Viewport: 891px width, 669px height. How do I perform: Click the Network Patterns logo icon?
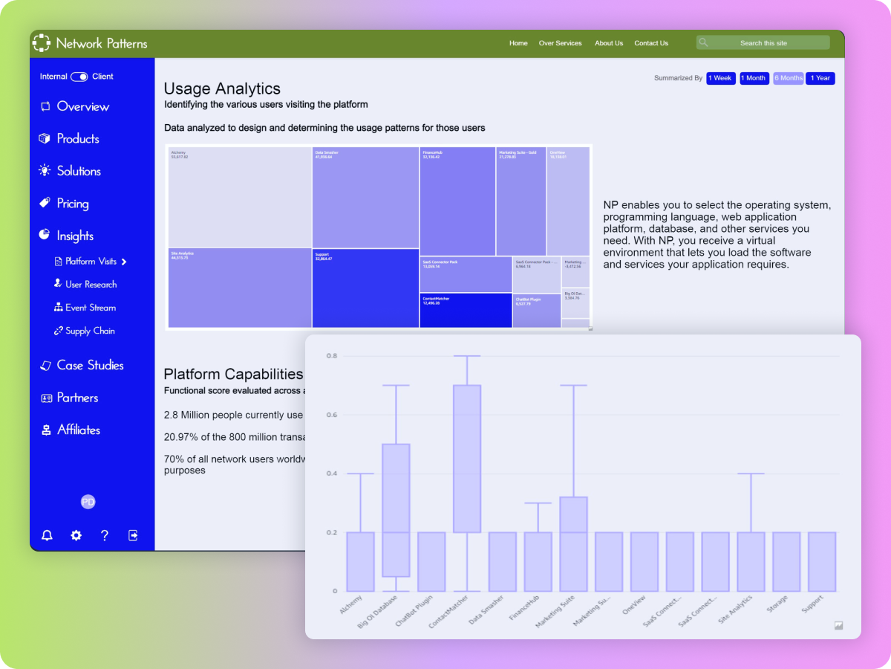(x=42, y=43)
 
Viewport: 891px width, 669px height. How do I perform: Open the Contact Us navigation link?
(x=651, y=43)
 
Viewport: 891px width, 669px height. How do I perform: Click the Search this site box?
(x=763, y=43)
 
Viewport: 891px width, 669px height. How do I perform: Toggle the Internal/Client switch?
(x=79, y=77)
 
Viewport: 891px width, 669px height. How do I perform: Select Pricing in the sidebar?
(x=72, y=204)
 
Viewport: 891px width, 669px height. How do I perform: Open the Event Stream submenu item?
(x=90, y=308)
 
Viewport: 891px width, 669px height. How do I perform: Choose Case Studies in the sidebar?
(x=90, y=365)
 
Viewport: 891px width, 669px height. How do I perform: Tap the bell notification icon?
(x=48, y=535)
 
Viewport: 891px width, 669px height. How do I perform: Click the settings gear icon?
(x=76, y=535)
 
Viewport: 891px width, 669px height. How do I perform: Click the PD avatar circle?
(x=88, y=502)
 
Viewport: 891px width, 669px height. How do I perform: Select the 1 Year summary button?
(x=820, y=78)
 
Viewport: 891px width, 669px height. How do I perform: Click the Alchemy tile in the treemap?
(x=240, y=197)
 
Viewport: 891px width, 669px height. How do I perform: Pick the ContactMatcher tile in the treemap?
(x=466, y=310)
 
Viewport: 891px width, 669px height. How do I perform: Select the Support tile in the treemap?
(x=365, y=288)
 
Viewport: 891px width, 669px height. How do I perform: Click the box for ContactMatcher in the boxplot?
(x=467, y=459)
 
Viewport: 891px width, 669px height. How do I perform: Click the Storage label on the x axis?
(x=777, y=604)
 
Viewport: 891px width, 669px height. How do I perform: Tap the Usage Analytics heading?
(x=222, y=89)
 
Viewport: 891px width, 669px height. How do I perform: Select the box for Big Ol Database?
(x=396, y=510)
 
